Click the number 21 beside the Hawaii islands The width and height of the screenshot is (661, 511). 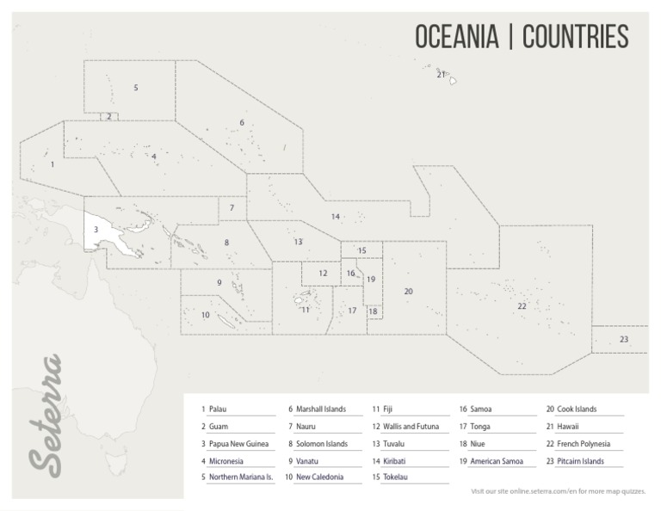pos(441,75)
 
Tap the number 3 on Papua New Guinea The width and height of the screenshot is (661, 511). pos(96,229)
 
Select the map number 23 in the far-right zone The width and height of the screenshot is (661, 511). pos(623,339)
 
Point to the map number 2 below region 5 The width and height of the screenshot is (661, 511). pos(108,116)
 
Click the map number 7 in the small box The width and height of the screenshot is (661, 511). pos(232,207)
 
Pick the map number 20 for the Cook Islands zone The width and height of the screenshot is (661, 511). pos(408,292)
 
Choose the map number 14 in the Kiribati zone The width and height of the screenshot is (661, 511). pos(336,216)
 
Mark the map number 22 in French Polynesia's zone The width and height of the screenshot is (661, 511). pos(522,305)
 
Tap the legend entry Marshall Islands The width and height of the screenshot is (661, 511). pos(320,409)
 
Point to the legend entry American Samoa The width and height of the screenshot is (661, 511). pos(497,461)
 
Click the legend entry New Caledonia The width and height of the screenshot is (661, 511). pos(319,477)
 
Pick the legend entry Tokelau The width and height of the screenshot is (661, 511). pos(395,477)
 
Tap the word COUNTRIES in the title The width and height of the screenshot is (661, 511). pos(575,37)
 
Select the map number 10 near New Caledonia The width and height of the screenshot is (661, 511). pos(205,315)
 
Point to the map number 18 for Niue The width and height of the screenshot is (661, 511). pos(373,311)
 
